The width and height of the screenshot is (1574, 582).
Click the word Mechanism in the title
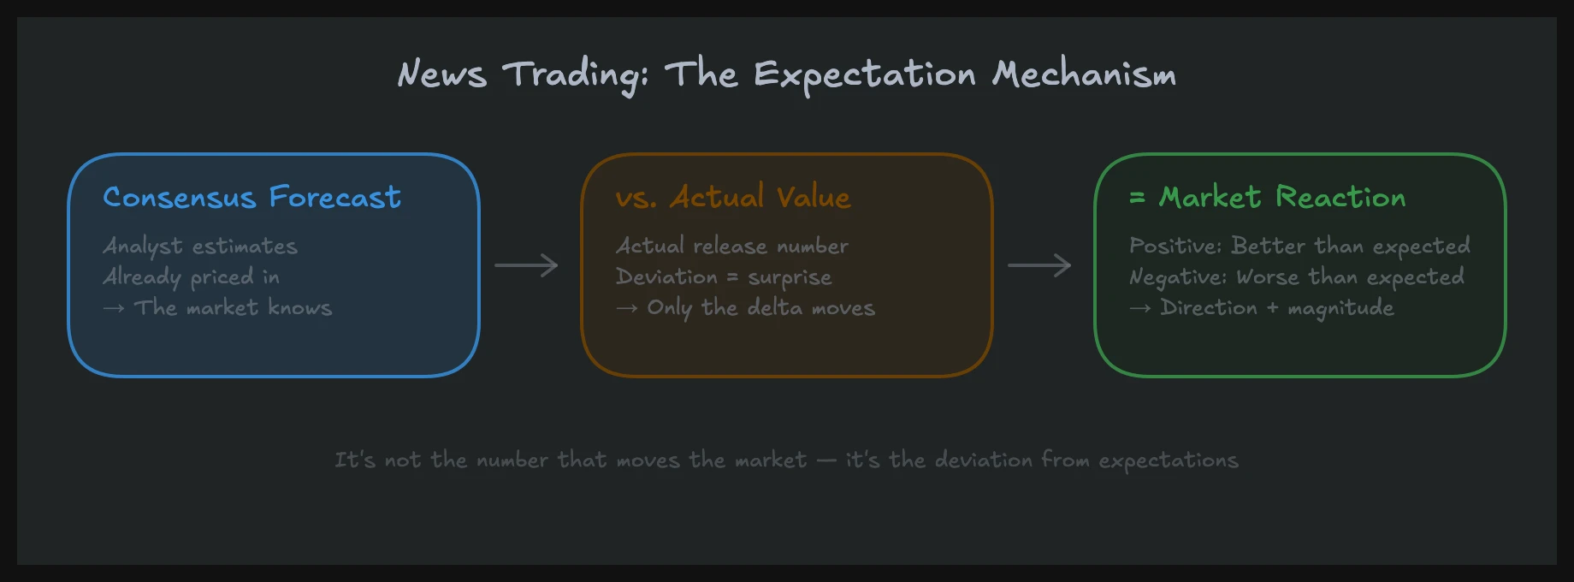pyautogui.click(x=1084, y=74)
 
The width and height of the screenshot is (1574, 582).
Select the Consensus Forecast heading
pyautogui.click(x=251, y=198)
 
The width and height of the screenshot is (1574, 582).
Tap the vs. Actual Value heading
pyautogui.click(x=733, y=198)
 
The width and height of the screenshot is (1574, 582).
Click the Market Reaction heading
pyautogui.click(x=1281, y=198)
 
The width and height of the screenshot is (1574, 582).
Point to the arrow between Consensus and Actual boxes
pyautogui.click(x=526, y=265)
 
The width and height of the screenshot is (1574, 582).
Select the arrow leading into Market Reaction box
pyautogui.click(x=1039, y=265)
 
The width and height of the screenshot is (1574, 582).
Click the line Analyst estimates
pyautogui.click(x=200, y=246)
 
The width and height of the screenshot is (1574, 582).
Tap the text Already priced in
pyautogui.click(x=192, y=277)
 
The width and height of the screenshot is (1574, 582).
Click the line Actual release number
pyautogui.click(x=732, y=246)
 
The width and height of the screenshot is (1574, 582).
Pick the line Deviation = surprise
pyautogui.click(x=724, y=277)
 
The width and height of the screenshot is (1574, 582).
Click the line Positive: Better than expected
pyautogui.click(x=1299, y=246)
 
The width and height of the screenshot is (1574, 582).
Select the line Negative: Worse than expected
pyautogui.click(x=1297, y=277)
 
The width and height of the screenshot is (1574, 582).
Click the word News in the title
pyautogui.click(x=442, y=74)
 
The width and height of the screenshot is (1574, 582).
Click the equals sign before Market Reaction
pyautogui.click(x=1137, y=198)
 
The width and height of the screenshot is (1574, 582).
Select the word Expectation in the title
pyautogui.click(x=864, y=74)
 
